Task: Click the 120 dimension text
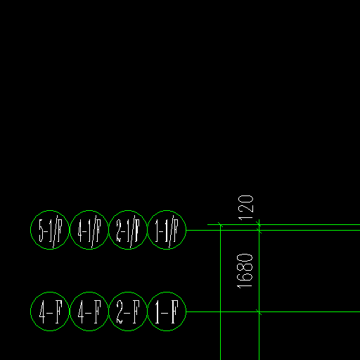click(245, 208)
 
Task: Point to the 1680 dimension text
click(245, 271)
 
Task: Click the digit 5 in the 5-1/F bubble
click(41, 231)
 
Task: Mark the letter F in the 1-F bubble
click(174, 312)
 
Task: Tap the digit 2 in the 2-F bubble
click(120, 312)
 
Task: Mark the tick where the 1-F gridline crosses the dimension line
click(259, 312)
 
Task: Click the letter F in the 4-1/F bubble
click(98, 231)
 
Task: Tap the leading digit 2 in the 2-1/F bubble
click(119, 231)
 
